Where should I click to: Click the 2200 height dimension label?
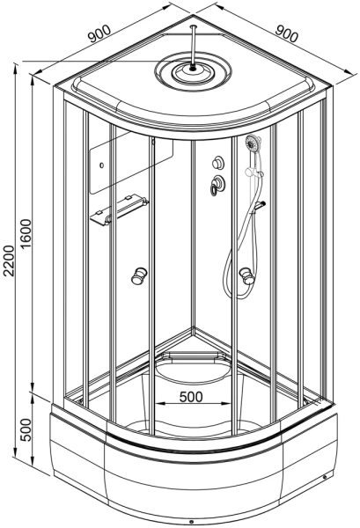pyautogui.click(x=9, y=260)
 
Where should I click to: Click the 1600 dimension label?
pyautogui.click(x=26, y=234)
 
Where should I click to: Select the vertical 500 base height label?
pyautogui.click(x=26, y=430)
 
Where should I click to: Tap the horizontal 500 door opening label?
pyautogui.click(x=191, y=397)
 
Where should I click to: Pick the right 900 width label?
pyautogui.click(x=287, y=33)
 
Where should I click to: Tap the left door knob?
pyautogui.click(x=139, y=275)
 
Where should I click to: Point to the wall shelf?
pyautogui.click(x=119, y=209)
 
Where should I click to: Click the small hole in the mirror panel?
pyautogui.click(x=102, y=165)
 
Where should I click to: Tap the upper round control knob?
pyautogui.click(x=218, y=162)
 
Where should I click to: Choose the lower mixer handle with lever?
pyautogui.click(x=217, y=185)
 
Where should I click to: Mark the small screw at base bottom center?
pyautogui.click(x=191, y=522)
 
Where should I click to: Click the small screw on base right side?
pyautogui.click(x=324, y=477)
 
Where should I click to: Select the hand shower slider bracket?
pyautogui.click(x=255, y=172)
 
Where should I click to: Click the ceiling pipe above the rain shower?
pyautogui.click(x=193, y=47)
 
